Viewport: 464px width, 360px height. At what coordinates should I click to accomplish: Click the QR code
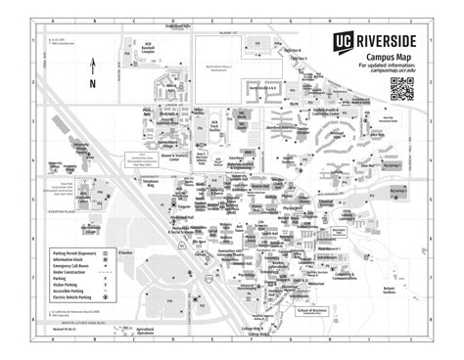tap(403, 90)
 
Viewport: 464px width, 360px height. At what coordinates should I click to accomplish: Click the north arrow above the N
tap(93, 67)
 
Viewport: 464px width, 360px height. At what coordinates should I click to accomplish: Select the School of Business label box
tap(309, 310)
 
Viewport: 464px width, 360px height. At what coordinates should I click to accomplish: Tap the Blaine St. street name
tap(228, 33)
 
